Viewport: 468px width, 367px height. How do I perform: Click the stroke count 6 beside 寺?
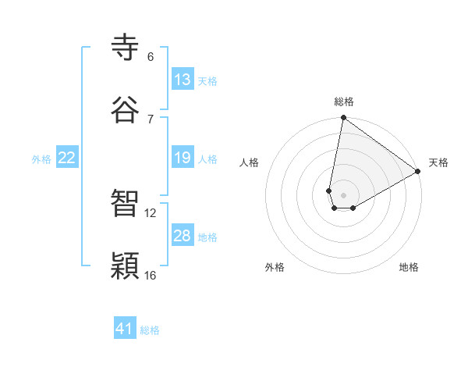[151, 57]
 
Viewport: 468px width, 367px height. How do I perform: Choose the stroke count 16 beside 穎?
[151, 275]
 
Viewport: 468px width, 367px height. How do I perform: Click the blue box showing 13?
[183, 80]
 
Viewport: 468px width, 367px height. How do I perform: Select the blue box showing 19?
[183, 158]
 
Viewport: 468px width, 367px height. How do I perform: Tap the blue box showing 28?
[183, 236]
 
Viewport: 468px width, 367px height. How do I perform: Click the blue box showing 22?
[67, 158]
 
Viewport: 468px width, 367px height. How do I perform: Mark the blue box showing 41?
[125, 329]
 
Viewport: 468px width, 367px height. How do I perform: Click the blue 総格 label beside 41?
[150, 330]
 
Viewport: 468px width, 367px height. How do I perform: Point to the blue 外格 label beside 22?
[41, 159]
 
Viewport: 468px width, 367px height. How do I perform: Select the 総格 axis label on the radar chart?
[344, 102]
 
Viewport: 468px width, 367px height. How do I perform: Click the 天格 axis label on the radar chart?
[438, 162]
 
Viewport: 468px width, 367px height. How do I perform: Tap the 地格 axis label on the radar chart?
[409, 267]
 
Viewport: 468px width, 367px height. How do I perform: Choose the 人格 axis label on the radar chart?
[250, 162]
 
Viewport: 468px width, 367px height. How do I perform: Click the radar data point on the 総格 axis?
[343, 119]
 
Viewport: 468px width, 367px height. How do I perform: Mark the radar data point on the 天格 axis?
[418, 172]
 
